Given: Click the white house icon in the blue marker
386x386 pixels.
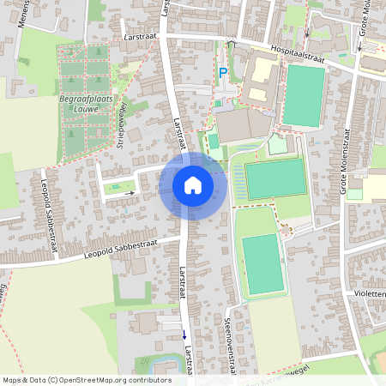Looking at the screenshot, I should point(192,184).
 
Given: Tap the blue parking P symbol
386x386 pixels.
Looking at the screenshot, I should point(223,74).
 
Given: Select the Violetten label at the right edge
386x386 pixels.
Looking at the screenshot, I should point(368,293).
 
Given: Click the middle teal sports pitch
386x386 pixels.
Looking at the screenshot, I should point(275,178).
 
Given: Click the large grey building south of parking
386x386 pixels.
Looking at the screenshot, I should point(241,128).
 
